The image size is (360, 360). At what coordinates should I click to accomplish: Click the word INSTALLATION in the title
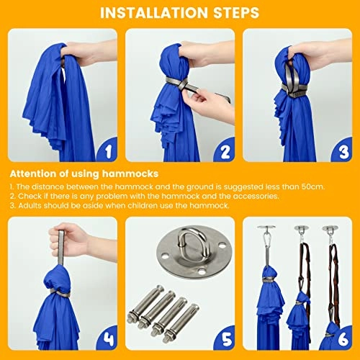[x=153, y=13]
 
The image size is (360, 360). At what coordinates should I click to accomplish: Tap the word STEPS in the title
[x=236, y=13]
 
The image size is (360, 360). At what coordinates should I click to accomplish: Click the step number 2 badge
[x=225, y=150]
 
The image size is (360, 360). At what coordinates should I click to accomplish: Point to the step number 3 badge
[x=343, y=150]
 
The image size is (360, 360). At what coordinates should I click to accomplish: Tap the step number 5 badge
[x=225, y=339]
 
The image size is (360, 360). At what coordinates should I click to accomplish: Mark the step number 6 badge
[x=343, y=339]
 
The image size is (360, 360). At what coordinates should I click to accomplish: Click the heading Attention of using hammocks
[x=84, y=174]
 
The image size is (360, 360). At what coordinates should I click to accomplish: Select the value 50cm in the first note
[x=312, y=186]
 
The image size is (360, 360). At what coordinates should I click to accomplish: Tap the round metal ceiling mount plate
[x=194, y=250]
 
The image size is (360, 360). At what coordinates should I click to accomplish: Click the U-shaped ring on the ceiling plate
[x=192, y=245]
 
